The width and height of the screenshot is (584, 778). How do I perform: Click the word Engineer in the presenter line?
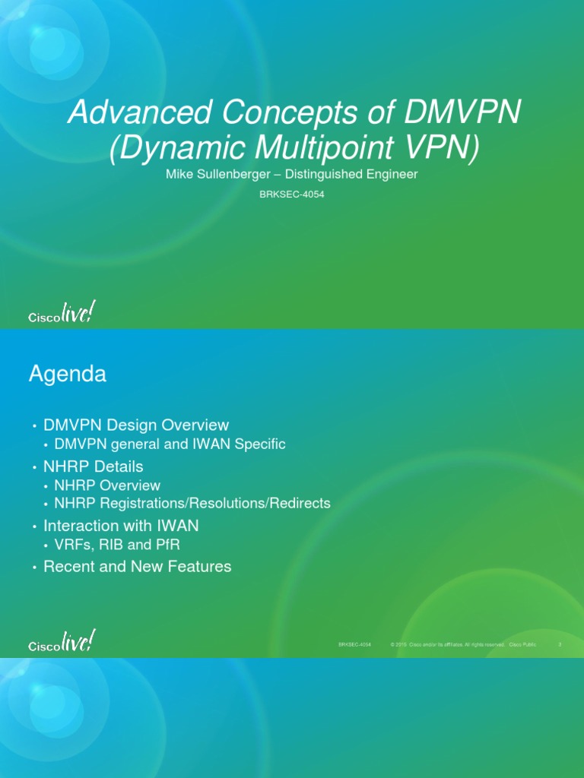tap(389, 175)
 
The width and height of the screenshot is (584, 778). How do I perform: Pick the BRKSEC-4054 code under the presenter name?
tap(292, 194)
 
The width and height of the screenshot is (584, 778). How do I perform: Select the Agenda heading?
tap(68, 374)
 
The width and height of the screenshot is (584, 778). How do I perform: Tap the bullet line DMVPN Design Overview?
tap(136, 425)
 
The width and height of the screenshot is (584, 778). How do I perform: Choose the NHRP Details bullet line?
tap(94, 466)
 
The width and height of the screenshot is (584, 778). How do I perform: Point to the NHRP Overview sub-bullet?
tap(107, 485)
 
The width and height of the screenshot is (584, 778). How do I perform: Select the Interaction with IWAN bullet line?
tap(122, 526)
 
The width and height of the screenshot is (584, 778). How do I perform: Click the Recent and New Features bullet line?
tap(138, 567)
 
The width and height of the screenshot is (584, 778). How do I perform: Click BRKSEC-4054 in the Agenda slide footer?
tap(354, 644)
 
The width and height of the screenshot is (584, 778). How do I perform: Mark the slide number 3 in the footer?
tap(560, 644)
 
